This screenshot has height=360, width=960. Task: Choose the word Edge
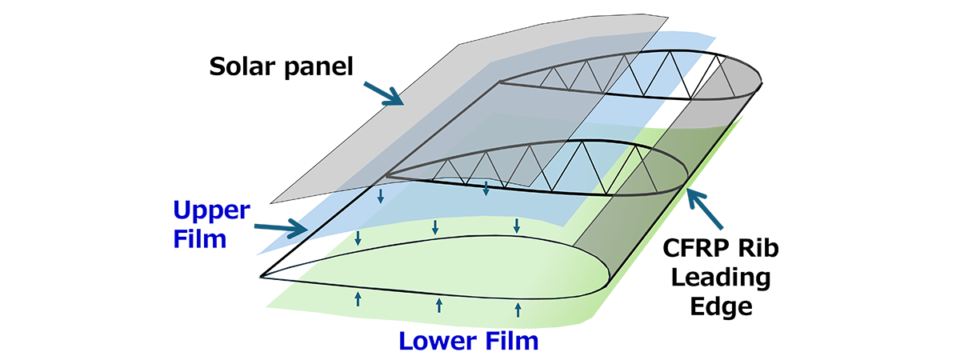point(723,307)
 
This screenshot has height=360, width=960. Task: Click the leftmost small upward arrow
point(358,300)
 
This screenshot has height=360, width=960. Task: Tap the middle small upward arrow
point(438,306)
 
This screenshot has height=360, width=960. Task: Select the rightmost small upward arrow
point(518,310)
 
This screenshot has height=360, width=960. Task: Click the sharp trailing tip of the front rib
point(262,277)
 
